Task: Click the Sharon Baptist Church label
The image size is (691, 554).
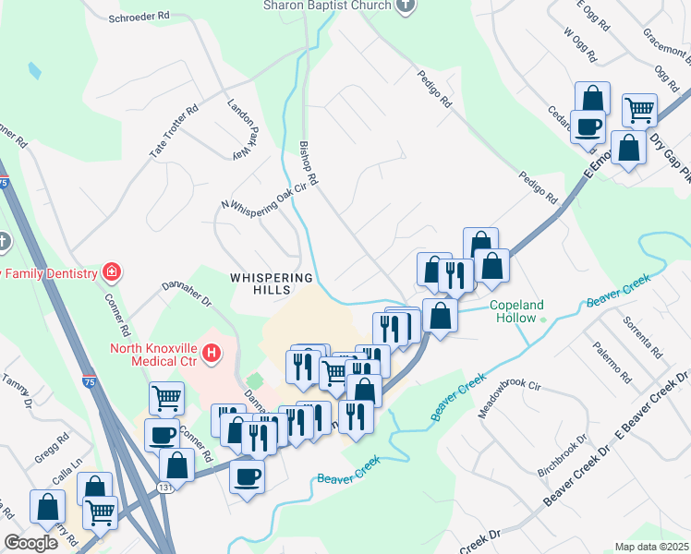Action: point(314,6)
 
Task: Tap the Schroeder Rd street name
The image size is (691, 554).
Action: point(139,17)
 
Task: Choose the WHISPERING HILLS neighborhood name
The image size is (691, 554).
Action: point(272,284)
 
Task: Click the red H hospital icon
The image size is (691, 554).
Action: point(212,352)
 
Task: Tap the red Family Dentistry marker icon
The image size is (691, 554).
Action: point(112,272)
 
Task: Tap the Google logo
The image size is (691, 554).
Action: point(30,543)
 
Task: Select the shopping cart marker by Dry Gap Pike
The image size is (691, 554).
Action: point(639,111)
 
